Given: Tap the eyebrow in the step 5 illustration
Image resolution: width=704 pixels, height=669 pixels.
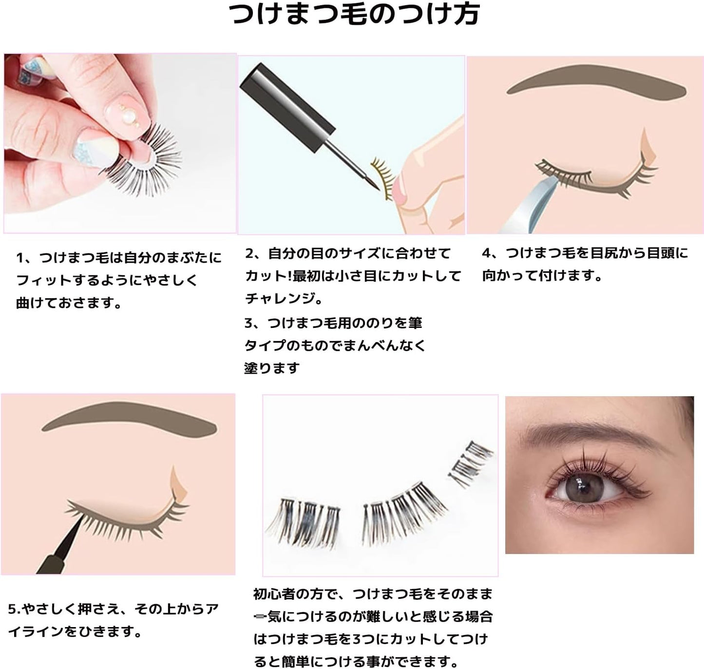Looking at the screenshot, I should (x=130, y=418).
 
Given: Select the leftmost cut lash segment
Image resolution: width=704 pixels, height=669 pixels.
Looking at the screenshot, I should (x=302, y=520).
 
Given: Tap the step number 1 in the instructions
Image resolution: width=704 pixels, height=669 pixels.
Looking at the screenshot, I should (x=20, y=257).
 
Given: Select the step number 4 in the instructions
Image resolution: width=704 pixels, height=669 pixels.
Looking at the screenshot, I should (x=486, y=253).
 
